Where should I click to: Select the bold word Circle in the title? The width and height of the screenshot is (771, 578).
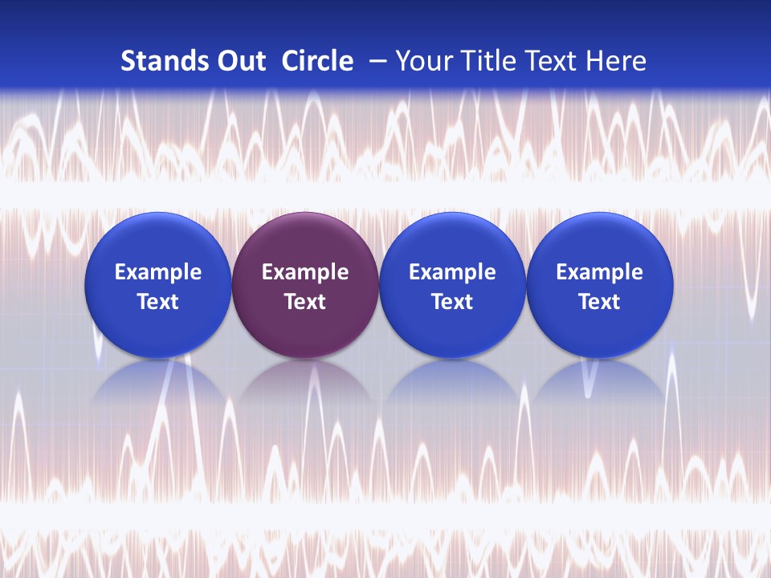(x=317, y=61)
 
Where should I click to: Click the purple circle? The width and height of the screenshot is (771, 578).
(x=305, y=285)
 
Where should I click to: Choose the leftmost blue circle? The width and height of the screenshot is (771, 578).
(x=157, y=285)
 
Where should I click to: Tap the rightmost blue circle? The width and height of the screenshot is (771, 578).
(x=600, y=285)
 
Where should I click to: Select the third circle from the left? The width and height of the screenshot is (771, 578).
(x=452, y=285)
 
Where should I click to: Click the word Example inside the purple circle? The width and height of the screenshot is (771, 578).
(x=305, y=272)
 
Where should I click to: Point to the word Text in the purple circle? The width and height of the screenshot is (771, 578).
(x=305, y=302)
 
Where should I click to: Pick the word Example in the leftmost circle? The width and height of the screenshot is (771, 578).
(x=157, y=272)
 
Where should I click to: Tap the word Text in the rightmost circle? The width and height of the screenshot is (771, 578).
(x=600, y=302)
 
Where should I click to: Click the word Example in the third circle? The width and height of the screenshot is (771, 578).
(x=452, y=272)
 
